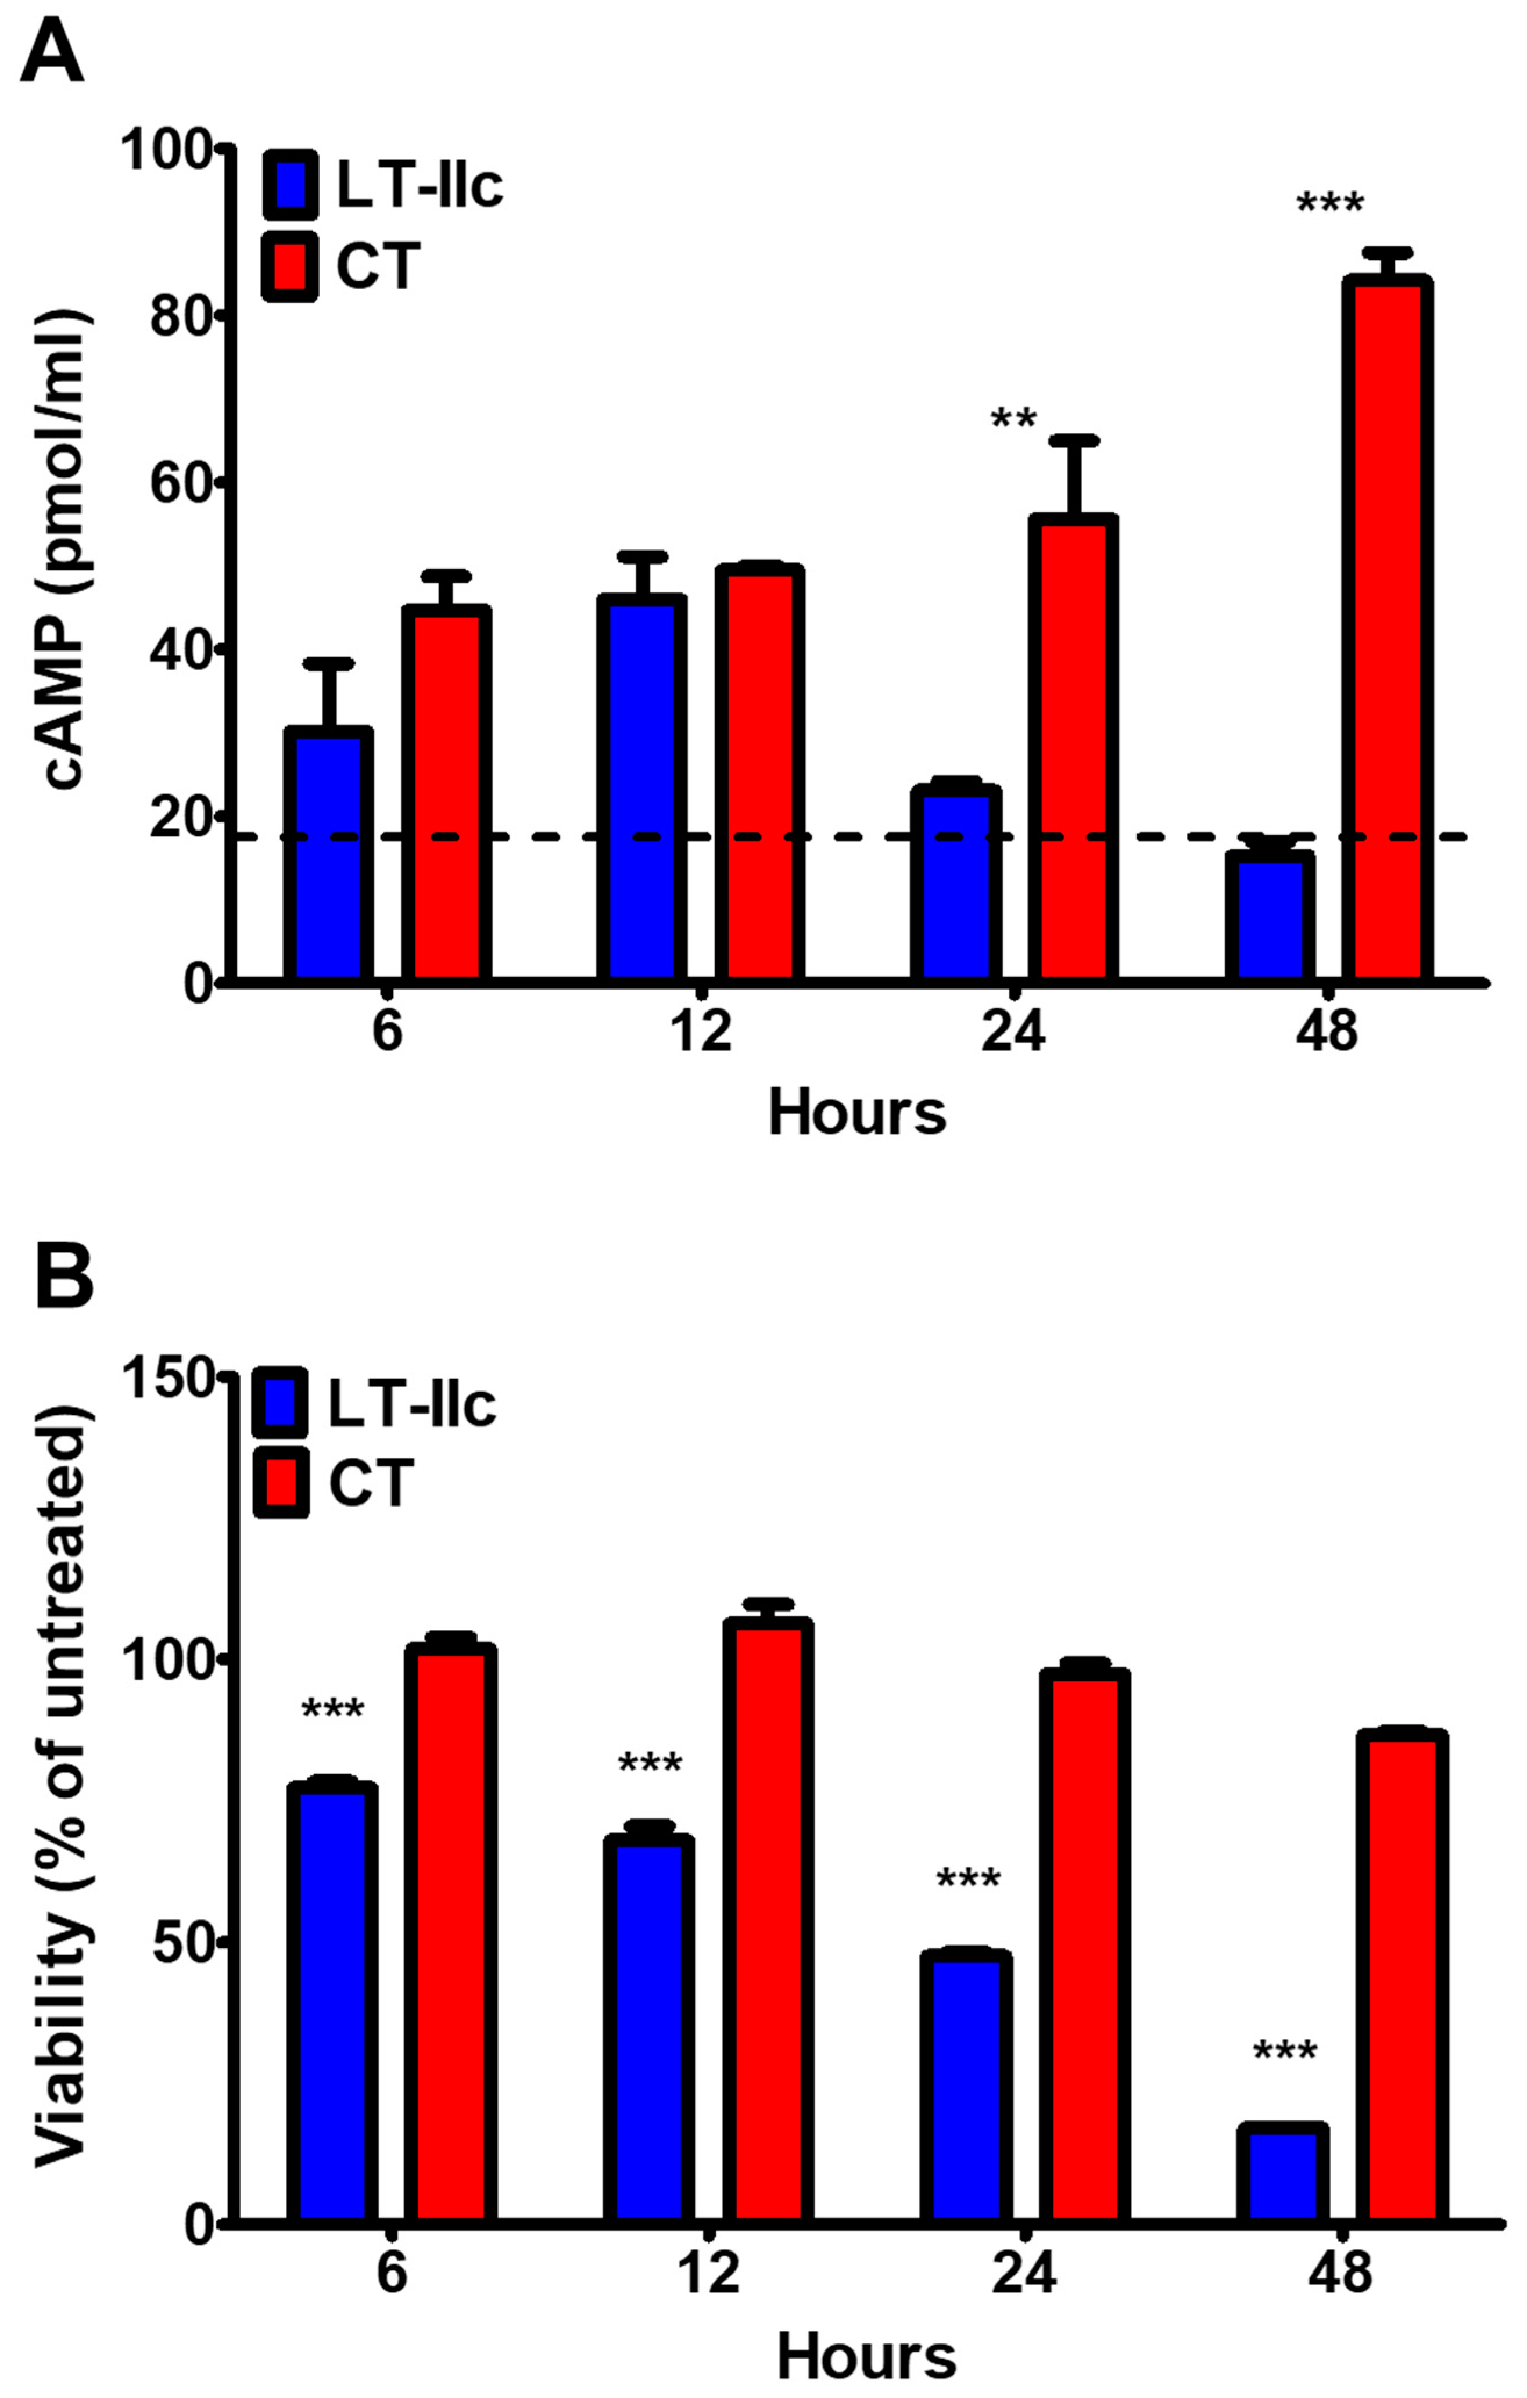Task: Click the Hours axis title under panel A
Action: point(856,1112)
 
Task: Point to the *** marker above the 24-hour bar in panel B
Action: point(967,1880)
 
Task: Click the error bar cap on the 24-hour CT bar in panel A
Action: point(1074,440)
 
